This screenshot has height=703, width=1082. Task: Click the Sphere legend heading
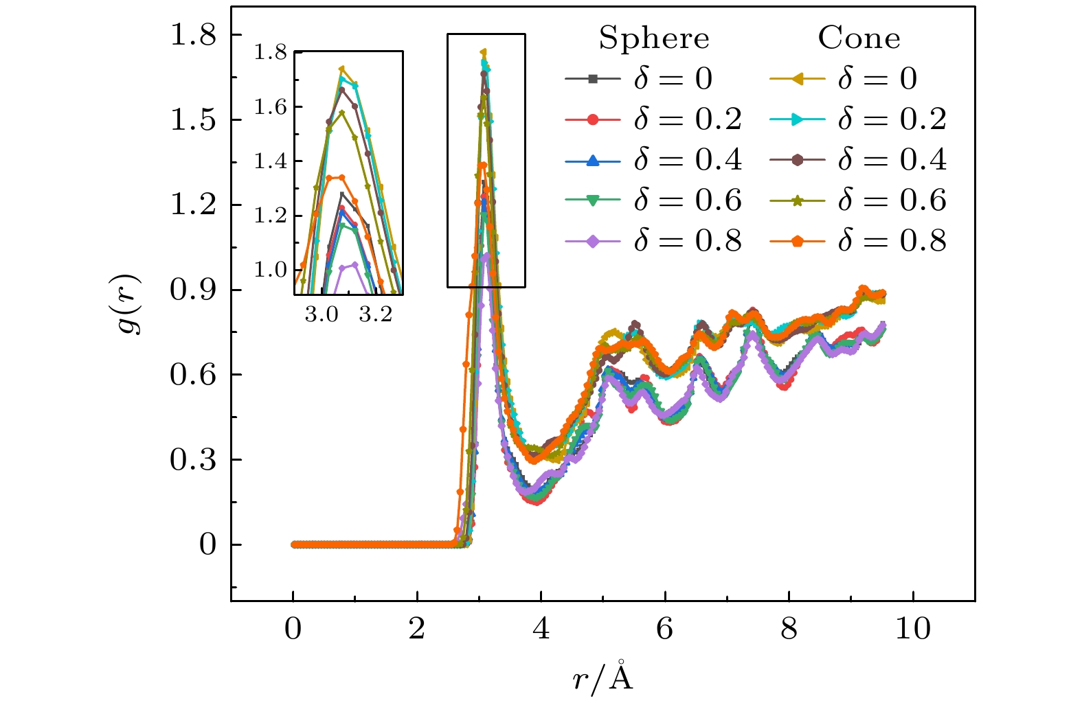(x=653, y=38)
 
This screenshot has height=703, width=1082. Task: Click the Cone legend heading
(x=859, y=38)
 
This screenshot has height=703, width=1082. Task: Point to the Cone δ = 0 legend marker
(x=798, y=79)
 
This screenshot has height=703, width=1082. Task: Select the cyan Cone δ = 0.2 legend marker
(x=798, y=119)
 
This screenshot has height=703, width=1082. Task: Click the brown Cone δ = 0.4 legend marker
(x=798, y=160)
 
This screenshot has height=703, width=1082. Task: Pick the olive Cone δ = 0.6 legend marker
(x=798, y=200)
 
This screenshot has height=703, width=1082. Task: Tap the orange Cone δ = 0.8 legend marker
(x=798, y=240)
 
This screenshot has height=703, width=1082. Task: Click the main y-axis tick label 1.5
(x=193, y=120)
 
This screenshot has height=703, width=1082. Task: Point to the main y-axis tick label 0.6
(x=193, y=375)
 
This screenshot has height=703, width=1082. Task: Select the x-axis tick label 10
(x=912, y=629)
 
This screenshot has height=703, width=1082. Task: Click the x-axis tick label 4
(x=541, y=629)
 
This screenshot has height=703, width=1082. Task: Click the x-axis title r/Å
(x=602, y=678)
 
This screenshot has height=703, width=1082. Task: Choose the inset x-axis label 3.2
(x=375, y=315)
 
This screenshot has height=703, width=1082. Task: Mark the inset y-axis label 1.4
(x=270, y=162)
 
